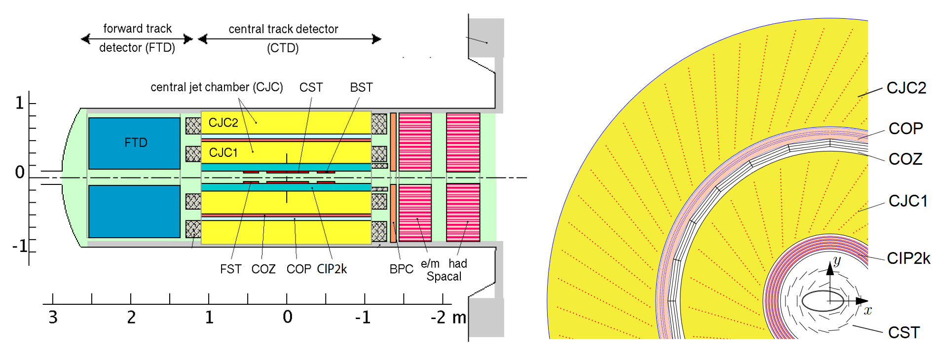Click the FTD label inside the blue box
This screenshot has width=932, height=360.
pyautogui.click(x=136, y=143)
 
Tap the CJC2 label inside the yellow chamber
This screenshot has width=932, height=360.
pyautogui.click(x=223, y=123)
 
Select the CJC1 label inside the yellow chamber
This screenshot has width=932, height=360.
pyautogui.click(x=223, y=152)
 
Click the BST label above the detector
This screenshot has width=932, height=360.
pyautogui.click(x=361, y=87)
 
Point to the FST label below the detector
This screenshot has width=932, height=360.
pyautogui.click(x=230, y=269)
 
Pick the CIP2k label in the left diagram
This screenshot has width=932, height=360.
pyautogui.click(x=332, y=269)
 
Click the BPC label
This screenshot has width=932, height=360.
pyautogui.click(x=401, y=269)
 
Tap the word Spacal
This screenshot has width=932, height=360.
pyautogui.click(x=444, y=277)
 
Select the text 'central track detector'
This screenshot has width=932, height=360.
pyautogui.click(x=283, y=29)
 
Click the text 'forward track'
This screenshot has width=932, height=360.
pyautogui.click(x=137, y=29)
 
